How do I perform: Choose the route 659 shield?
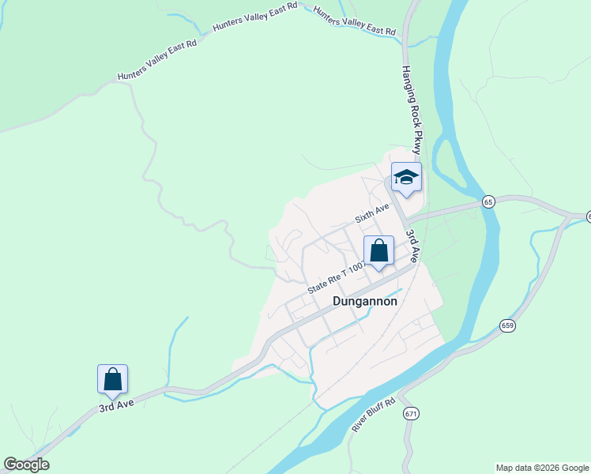tap(506, 325)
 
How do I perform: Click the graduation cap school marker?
tap(406, 178)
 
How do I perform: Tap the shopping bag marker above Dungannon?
tap(378, 251)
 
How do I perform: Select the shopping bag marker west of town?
tap(112, 380)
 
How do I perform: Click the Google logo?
tap(26, 465)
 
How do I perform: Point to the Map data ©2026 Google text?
tap(542, 468)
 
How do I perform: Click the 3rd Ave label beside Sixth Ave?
tap(412, 245)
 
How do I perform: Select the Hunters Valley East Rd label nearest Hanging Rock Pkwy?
tap(355, 22)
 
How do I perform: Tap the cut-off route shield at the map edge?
tap(588, 216)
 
